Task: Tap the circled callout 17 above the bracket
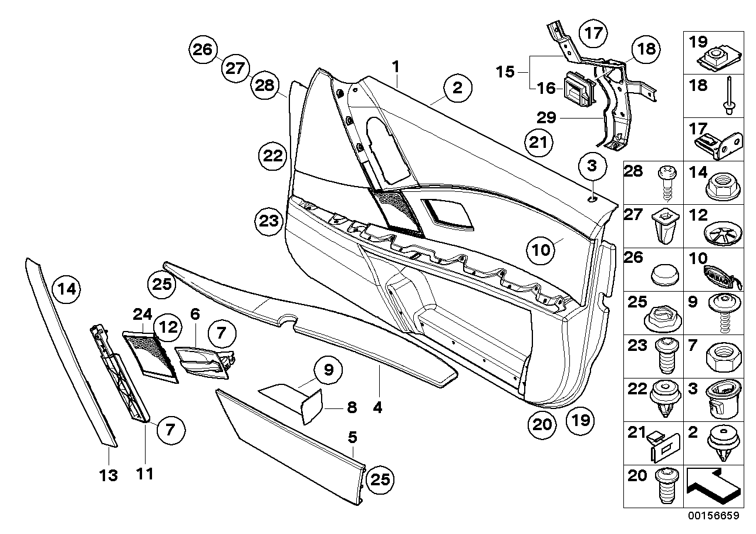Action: (x=593, y=33)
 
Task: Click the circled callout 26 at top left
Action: (x=203, y=50)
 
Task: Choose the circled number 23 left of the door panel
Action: (x=268, y=221)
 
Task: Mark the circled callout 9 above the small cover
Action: (x=328, y=370)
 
